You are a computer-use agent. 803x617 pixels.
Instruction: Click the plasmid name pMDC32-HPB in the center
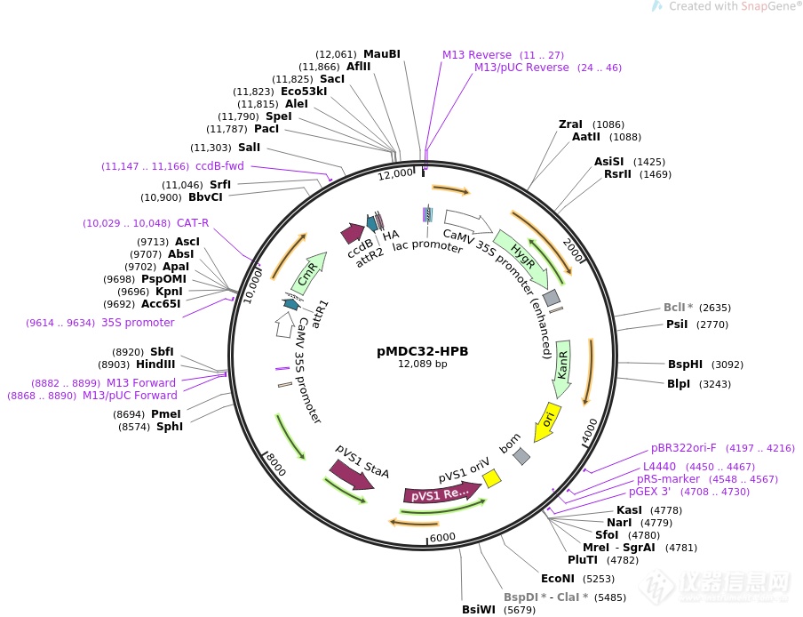422,351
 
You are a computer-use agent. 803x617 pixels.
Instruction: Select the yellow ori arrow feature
545,422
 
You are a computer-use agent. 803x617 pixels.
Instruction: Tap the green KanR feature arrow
562,363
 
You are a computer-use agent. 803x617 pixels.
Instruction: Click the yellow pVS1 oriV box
491,478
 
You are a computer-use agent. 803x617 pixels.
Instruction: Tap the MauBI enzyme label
382,54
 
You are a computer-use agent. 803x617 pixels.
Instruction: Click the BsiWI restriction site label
479,610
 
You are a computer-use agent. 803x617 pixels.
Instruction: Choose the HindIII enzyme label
155,365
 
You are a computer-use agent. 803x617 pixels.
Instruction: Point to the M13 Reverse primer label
477,55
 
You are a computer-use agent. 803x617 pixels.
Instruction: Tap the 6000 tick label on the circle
442,537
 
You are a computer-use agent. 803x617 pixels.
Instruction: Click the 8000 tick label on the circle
275,464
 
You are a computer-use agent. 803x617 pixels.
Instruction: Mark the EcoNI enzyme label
560,579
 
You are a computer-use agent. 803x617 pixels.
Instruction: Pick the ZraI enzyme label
570,124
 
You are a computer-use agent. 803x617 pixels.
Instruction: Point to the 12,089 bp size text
422,365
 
